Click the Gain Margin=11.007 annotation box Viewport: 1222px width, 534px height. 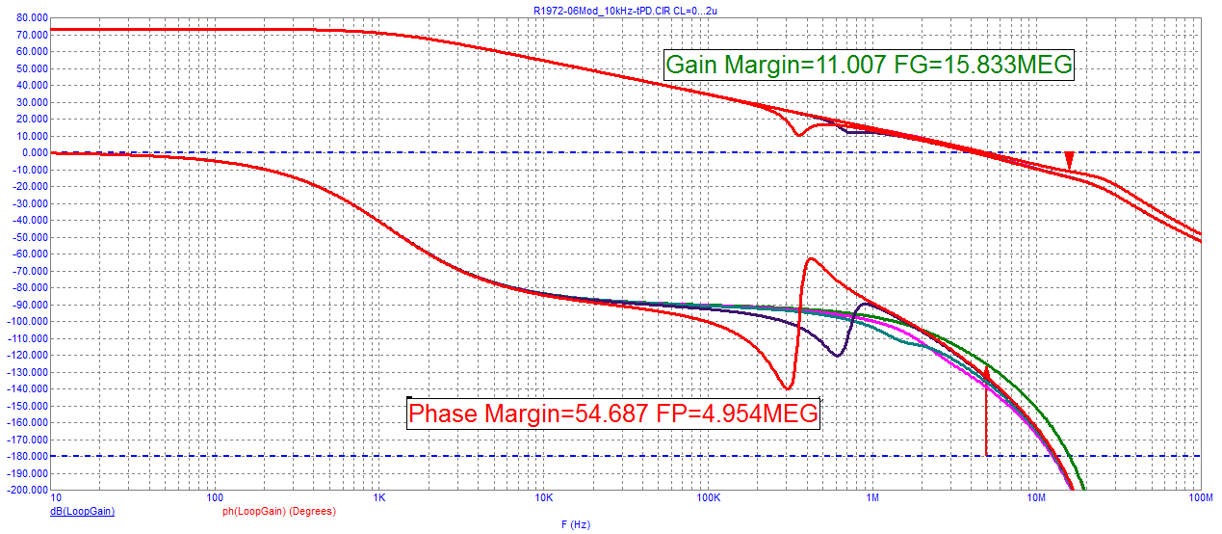(x=869, y=65)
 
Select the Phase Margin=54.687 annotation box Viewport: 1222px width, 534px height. (x=613, y=414)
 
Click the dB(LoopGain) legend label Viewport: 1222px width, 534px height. (x=82, y=511)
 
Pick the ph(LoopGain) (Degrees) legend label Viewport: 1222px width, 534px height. (x=279, y=511)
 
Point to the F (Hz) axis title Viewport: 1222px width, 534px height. (x=575, y=524)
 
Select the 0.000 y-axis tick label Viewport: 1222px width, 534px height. (x=32, y=153)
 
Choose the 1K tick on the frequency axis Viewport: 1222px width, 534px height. (x=379, y=498)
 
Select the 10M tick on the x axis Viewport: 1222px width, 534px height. (x=1036, y=498)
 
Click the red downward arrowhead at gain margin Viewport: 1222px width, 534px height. (x=1069, y=162)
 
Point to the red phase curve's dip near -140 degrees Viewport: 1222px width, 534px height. (x=788, y=389)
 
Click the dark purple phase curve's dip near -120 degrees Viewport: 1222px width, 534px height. (x=836, y=356)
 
